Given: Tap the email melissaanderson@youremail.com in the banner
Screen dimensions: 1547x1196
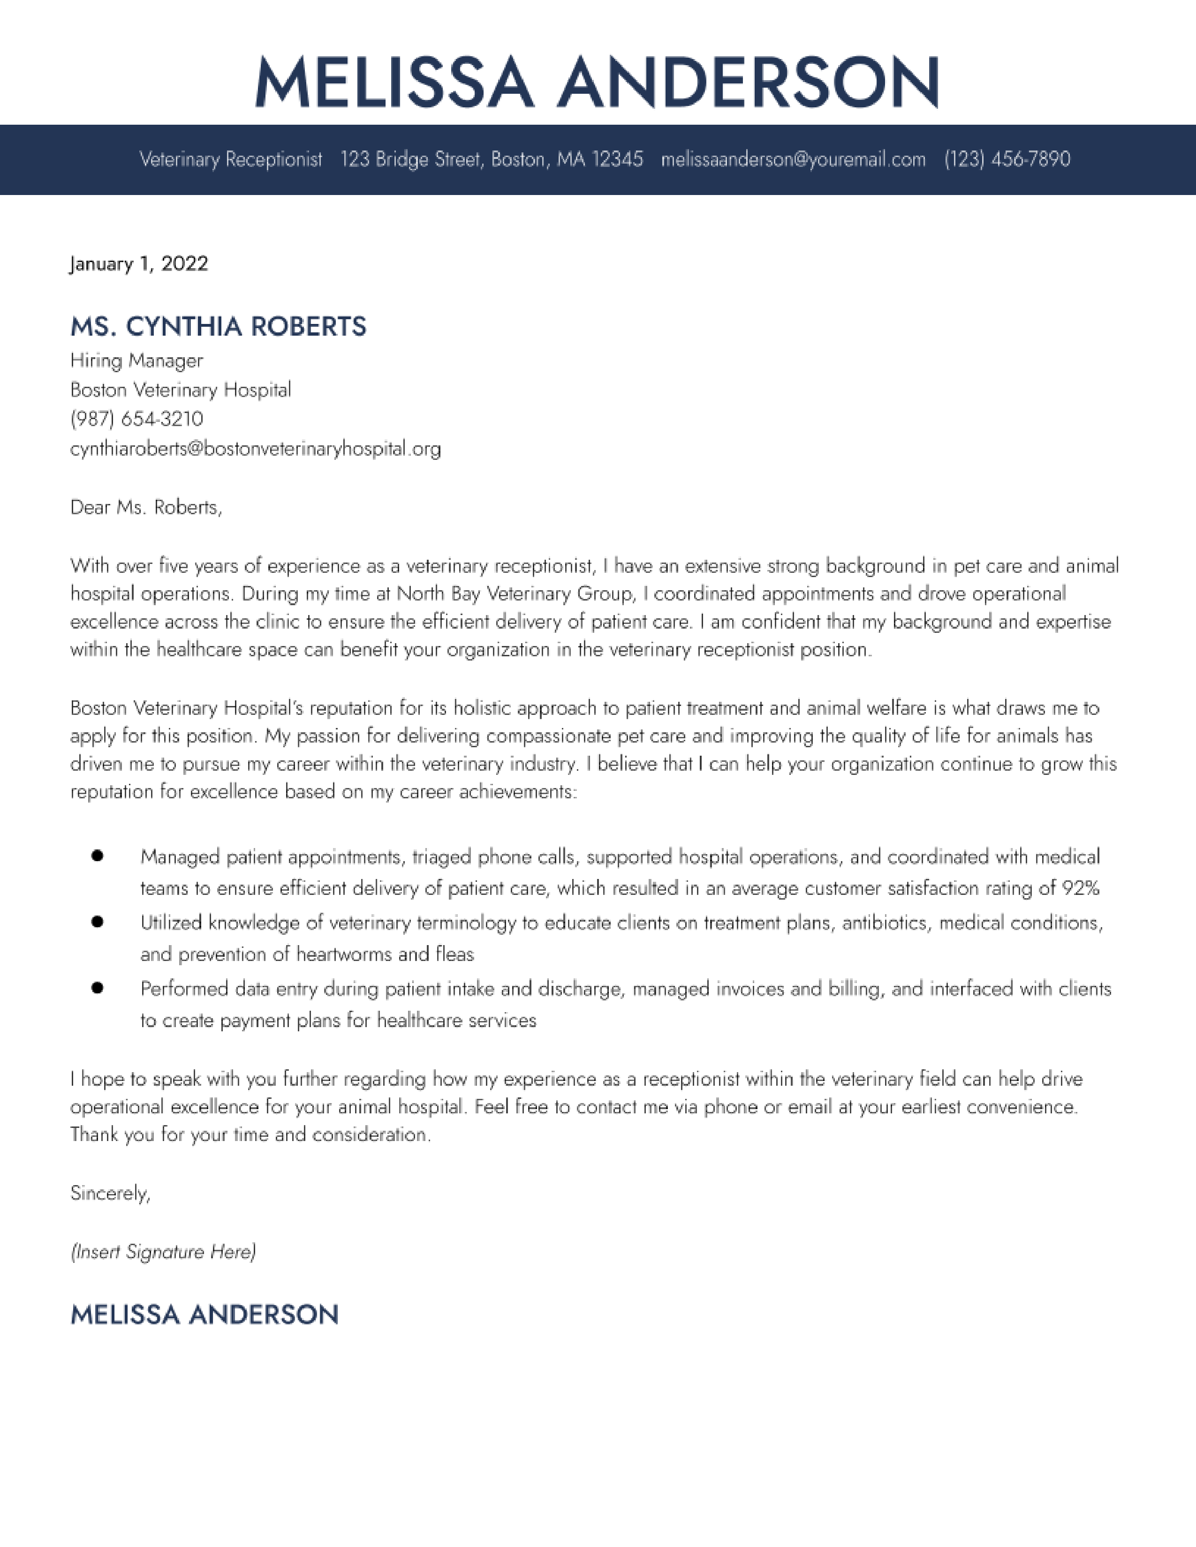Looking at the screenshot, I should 793,159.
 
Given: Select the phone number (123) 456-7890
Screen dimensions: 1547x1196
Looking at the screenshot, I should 1007,159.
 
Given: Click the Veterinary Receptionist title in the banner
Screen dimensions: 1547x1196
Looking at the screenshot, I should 230,159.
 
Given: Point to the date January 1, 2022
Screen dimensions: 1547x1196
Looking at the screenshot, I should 139,264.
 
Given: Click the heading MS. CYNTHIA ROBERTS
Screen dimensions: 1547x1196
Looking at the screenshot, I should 218,327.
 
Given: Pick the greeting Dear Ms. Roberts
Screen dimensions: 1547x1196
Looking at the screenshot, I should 146,507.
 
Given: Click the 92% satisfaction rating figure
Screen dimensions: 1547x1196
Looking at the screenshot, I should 1081,888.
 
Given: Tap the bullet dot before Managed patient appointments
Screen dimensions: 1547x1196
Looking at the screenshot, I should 98,856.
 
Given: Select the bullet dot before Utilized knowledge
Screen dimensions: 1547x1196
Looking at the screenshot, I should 98,922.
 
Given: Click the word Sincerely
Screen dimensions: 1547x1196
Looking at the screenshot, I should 110,1194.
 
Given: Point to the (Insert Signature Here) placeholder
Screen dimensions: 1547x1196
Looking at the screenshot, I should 163,1252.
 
